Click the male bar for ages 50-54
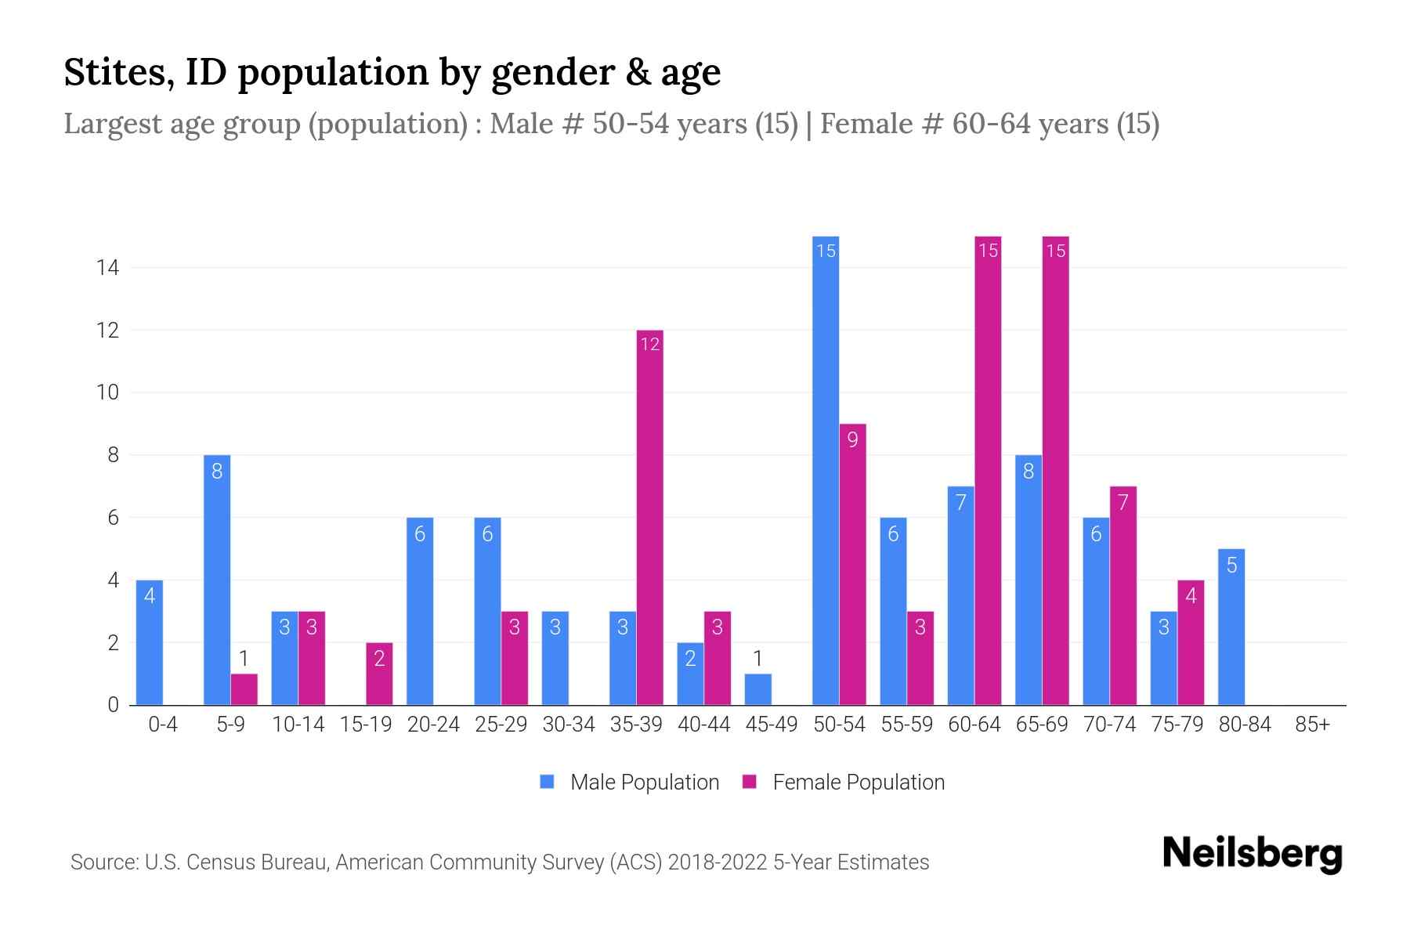(825, 470)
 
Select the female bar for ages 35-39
(649, 517)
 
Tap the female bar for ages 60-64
(988, 470)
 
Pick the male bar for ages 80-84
(1231, 627)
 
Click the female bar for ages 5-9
(244, 689)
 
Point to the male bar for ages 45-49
(757, 689)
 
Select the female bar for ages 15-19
(379, 674)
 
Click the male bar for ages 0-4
(149, 642)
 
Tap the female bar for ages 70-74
(1123, 595)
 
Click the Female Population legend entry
(844, 782)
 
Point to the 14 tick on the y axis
(107, 268)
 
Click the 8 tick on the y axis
(113, 455)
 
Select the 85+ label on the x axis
(1312, 725)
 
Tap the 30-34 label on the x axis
(569, 725)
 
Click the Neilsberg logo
(1252, 854)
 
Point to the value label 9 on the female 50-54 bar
(852, 439)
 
